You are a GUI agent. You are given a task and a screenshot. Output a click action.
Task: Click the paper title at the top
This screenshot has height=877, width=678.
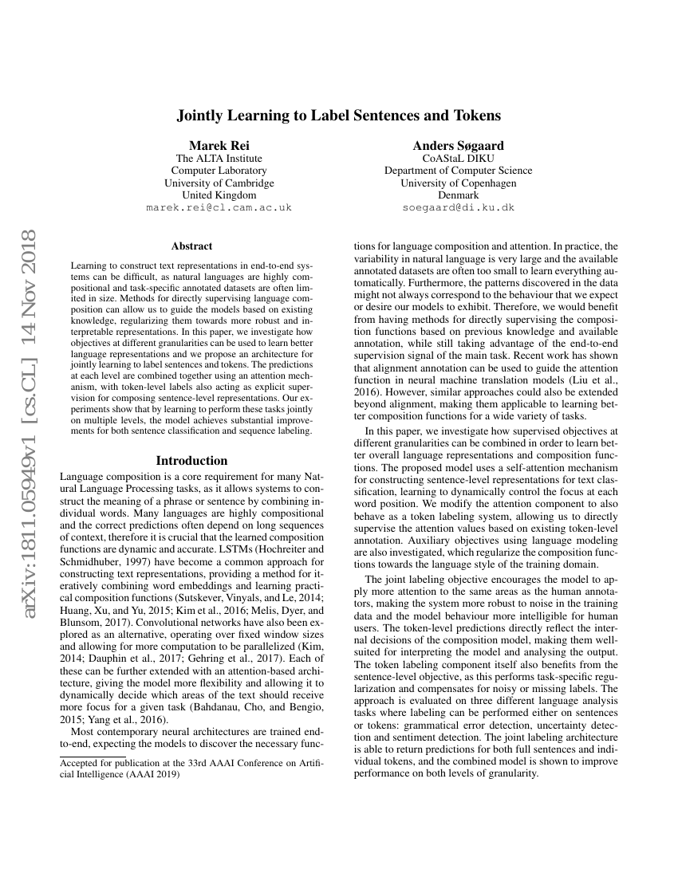coord(338,116)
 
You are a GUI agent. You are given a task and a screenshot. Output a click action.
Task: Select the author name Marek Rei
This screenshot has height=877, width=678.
coord(219,145)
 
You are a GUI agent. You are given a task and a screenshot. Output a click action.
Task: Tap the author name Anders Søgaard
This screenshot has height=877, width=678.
coord(458,145)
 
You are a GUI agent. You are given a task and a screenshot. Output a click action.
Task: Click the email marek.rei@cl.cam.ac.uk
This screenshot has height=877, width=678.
coord(219,207)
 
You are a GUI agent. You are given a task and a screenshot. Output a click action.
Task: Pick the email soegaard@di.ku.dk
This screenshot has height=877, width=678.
coord(458,207)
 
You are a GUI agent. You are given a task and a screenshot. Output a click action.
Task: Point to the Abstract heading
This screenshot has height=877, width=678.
coord(191,246)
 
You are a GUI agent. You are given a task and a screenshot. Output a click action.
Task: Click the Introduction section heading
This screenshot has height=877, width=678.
coord(191,461)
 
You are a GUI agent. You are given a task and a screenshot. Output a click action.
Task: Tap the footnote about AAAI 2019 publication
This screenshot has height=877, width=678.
coord(191,769)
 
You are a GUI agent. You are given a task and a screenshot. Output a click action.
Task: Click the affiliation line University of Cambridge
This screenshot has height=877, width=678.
coord(219,183)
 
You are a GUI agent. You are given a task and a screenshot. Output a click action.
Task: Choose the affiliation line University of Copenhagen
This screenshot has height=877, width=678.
coord(458,183)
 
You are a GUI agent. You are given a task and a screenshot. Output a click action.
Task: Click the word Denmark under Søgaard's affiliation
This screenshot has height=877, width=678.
coord(458,195)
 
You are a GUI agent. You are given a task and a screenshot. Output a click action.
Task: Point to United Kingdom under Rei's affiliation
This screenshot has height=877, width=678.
coord(219,195)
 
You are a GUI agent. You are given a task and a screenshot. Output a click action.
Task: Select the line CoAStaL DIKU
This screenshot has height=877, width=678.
coord(458,158)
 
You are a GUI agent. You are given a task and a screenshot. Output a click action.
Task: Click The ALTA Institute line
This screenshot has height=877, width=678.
coord(219,158)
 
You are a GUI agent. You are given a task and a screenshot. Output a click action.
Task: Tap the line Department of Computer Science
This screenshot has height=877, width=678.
coord(458,170)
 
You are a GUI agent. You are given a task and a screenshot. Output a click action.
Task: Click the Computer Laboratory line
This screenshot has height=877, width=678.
coord(219,170)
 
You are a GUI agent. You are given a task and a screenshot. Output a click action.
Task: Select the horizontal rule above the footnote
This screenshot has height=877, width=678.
coord(93,756)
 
